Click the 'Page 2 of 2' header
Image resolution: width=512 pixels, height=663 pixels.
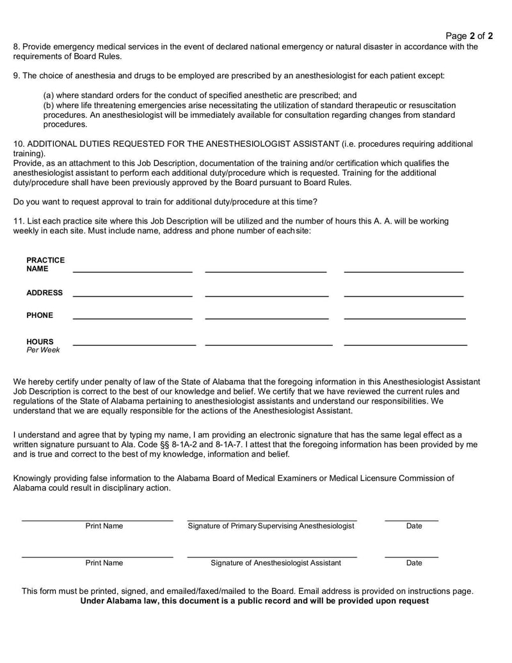click(x=468, y=36)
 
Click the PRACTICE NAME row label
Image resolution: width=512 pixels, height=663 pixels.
click(x=45, y=265)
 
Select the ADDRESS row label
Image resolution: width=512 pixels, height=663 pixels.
click(x=44, y=293)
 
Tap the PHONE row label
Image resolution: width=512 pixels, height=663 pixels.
click(x=40, y=315)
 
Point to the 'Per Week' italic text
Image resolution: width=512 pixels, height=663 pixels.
click(x=43, y=350)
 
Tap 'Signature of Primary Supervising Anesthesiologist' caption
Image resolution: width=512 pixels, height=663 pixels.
click(x=271, y=526)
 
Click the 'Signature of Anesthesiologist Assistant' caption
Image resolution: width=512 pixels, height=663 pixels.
click(x=276, y=563)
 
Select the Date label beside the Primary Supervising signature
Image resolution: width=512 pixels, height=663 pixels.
click(x=414, y=526)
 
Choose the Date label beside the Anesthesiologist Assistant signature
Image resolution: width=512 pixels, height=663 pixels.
click(x=414, y=563)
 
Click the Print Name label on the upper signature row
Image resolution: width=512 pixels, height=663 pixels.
click(x=104, y=526)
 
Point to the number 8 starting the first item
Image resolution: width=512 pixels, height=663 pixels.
click(x=16, y=46)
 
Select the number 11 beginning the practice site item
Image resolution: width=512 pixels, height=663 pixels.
click(x=18, y=221)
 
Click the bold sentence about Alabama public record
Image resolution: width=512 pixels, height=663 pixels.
click(x=254, y=601)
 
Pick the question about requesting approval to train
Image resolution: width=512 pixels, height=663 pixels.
click(x=165, y=202)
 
